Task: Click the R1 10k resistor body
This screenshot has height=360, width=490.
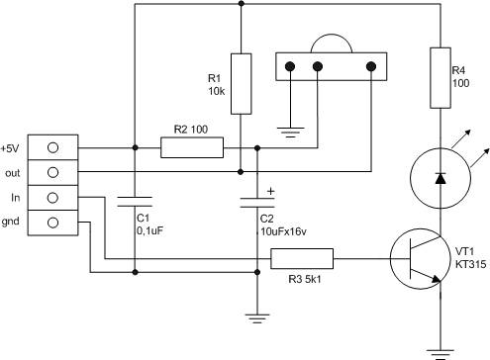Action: (241, 84)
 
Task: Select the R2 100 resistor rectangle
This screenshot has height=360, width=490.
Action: (192, 147)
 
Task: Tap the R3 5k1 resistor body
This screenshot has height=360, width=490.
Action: (302, 258)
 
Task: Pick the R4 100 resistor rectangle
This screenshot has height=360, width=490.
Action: (441, 78)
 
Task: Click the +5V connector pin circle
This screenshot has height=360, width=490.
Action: (52, 147)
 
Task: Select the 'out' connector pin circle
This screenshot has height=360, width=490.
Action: (52, 172)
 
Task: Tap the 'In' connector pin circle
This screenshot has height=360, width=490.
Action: (52, 198)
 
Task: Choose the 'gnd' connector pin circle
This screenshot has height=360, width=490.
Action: (52, 223)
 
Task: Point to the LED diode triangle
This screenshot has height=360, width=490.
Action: (441, 178)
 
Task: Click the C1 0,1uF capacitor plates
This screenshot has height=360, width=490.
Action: (135, 202)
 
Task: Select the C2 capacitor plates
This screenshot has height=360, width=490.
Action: (257, 203)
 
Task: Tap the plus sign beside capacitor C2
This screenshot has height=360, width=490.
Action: (270, 191)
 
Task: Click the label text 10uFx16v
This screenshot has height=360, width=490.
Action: (283, 231)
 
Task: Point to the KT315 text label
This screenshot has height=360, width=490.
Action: (471, 264)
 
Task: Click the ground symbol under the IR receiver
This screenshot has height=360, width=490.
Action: (290, 132)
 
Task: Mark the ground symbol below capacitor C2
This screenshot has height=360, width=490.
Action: (257, 318)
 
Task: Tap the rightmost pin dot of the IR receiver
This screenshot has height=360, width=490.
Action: (371, 66)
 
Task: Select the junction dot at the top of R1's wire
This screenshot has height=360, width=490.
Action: (242, 4)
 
